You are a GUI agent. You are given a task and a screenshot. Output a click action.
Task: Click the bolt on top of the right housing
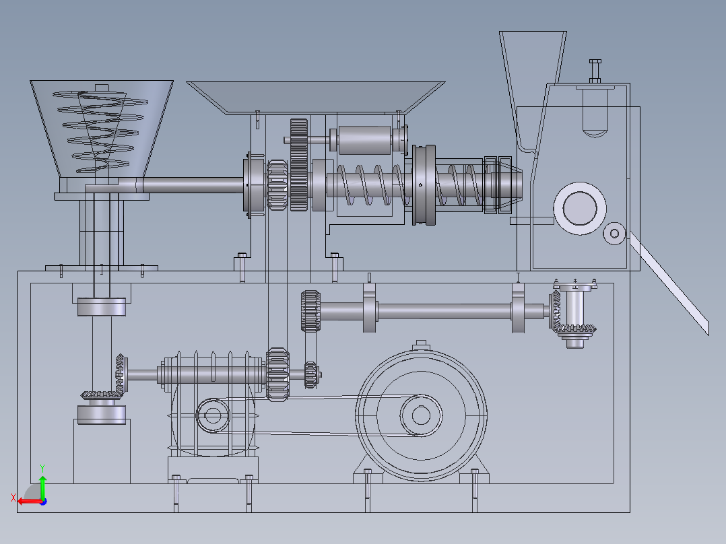595,71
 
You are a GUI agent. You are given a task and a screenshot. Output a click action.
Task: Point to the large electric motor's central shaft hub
421,415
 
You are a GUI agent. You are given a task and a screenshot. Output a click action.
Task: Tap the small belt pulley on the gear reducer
213,415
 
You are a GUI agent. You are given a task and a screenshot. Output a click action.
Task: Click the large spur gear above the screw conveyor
299,165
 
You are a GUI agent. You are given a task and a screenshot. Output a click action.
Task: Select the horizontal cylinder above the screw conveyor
365,140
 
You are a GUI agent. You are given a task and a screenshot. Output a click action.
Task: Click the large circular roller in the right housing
580,208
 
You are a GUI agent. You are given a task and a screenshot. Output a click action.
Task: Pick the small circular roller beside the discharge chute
614,234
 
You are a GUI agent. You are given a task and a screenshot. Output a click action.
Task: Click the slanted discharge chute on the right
669,283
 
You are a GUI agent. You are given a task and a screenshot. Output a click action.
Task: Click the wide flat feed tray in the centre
315,98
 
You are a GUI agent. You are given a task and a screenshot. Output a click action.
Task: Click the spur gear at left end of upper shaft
310,311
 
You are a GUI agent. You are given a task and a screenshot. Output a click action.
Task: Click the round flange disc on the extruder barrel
424,185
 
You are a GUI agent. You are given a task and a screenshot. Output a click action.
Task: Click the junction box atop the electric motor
420,345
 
